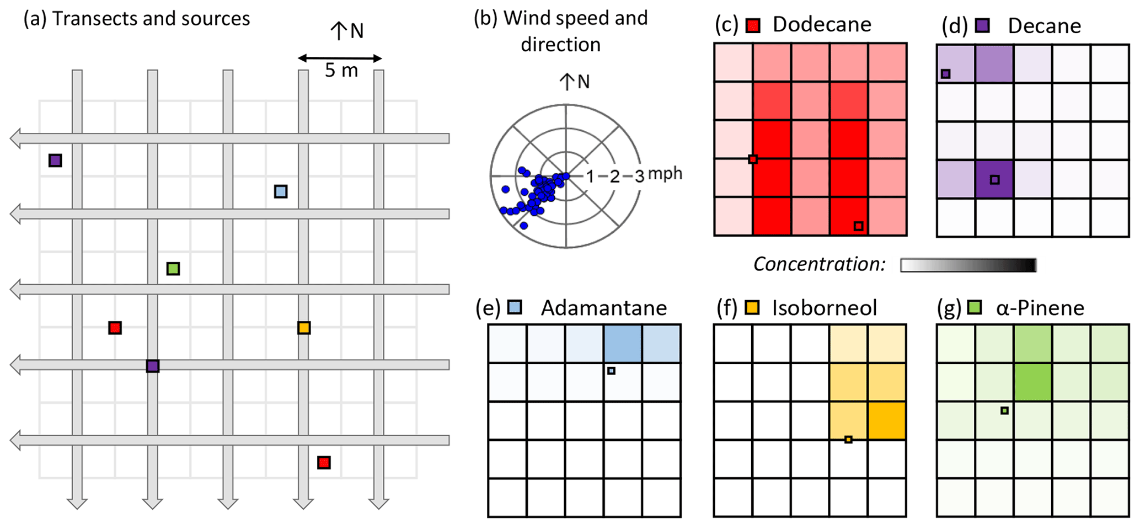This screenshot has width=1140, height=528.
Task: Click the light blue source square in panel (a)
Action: click(281, 191)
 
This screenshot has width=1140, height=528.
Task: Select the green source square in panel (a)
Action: click(173, 269)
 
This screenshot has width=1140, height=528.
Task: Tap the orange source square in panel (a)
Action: click(304, 328)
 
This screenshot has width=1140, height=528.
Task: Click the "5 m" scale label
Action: click(341, 71)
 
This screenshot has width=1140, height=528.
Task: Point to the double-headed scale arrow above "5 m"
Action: click(340, 58)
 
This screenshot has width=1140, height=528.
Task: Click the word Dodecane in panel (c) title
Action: click(822, 25)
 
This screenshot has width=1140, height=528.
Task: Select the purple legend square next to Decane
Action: click(982, 25)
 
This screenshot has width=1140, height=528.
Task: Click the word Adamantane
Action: click(604, 308)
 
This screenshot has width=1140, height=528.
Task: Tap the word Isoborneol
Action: click(824, 308)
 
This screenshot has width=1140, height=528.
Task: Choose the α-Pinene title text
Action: click(1040, 308)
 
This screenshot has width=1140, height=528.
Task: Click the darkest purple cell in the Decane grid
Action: click(994, 179)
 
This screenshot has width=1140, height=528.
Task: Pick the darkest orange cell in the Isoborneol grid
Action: click(887, 420)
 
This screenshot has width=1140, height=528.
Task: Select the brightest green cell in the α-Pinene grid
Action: click(1032, 382)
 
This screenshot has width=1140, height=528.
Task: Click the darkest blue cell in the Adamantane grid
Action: click(623, 343)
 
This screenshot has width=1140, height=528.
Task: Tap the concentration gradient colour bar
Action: click(968, 265)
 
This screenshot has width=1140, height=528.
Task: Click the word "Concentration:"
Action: click(819, 264)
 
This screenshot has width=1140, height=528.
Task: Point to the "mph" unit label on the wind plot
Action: click(665, 174)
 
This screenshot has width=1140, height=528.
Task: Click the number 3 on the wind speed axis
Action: click(639, 177)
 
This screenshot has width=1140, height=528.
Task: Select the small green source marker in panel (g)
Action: click(1005, 410)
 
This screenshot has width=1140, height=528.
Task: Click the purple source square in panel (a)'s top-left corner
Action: click(55, 161)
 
